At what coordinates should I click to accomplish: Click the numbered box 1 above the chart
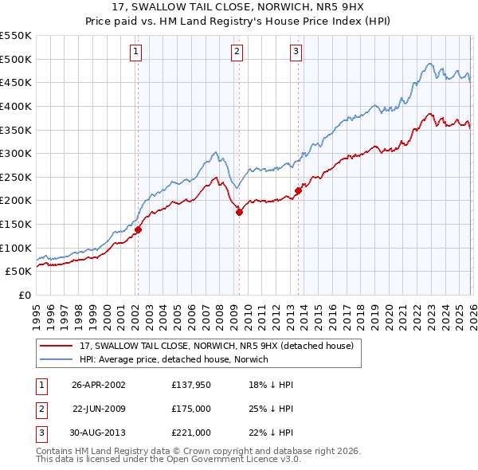pyautogui.click(x=136, y=53)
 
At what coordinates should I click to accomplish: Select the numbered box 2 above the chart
pyautogui.click(x=237, y=53)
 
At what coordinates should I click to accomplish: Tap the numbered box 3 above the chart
pyautogui.click(x=296, y=53)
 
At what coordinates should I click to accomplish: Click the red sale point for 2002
pyautogui.click(x=138, y=229)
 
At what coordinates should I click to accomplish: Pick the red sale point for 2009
pyautogui.click(x=239, y=212)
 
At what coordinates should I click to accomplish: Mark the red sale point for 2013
pyautogui.click(x=298, y=190)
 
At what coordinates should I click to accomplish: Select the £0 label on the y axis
pyautogui.click(x=25, y=295)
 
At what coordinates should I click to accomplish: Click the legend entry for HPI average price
pyautogui.click(x=174, y=359)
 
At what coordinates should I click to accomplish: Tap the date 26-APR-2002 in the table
pyautogui.click(x=99, y=385)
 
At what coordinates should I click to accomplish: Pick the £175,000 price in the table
pyautogui.click(x=191, y=409)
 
